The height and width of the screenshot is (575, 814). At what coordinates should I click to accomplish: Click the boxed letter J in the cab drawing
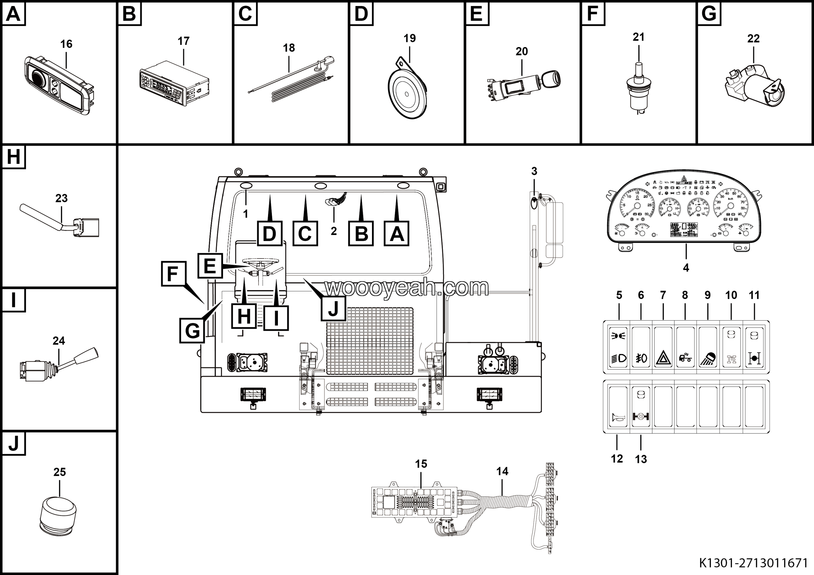coord(333,308)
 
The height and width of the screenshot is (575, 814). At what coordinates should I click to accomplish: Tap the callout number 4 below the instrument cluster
coord(686,268)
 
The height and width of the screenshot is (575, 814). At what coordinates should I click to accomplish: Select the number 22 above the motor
coord(753,38)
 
